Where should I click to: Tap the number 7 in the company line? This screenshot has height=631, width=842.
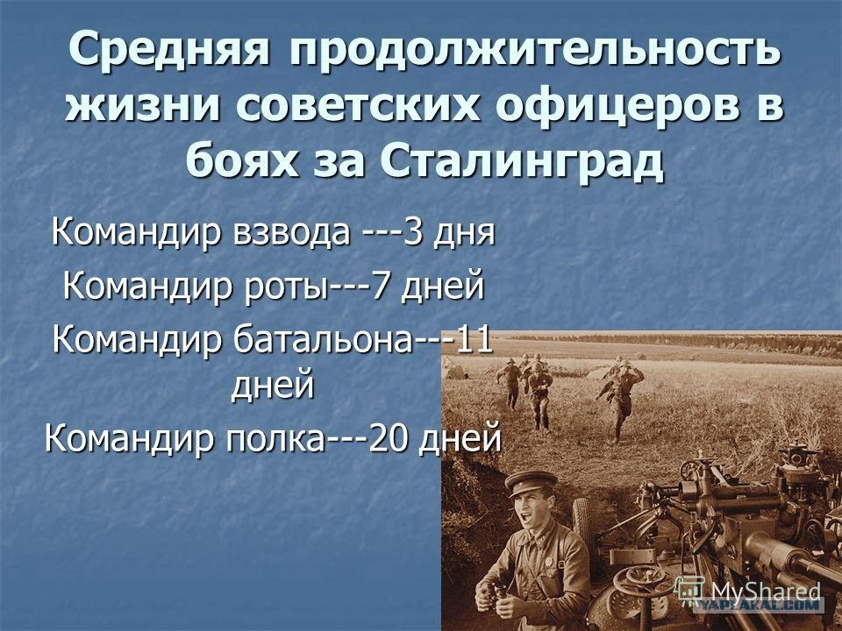point(381,286)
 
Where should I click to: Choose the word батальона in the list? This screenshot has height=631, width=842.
point(322,340)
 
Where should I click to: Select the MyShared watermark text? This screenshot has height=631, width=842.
point(766,592)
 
